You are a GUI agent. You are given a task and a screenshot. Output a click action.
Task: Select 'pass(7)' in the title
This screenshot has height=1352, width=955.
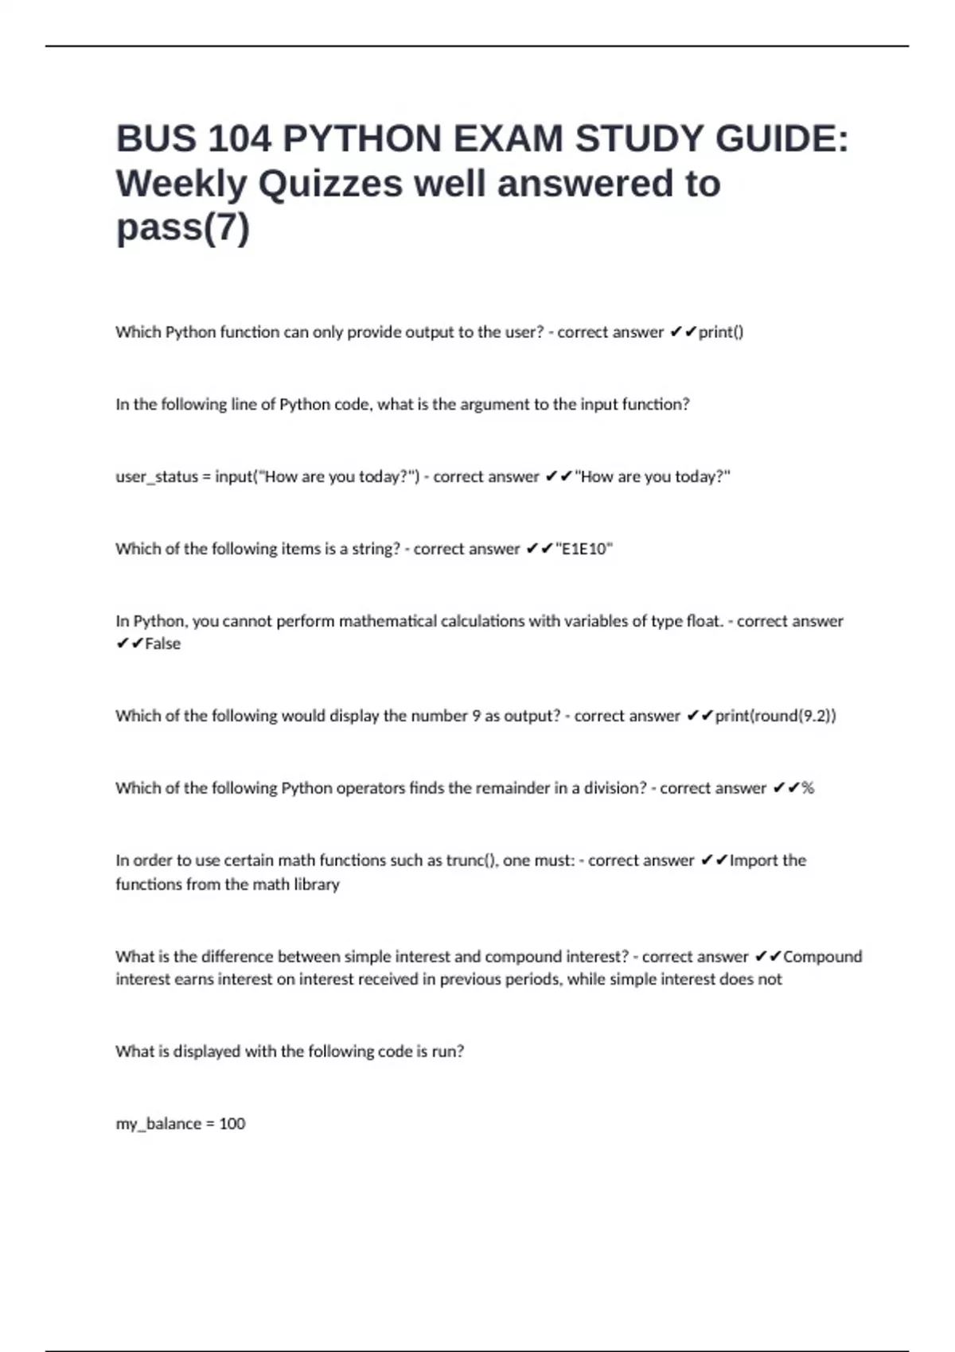183,227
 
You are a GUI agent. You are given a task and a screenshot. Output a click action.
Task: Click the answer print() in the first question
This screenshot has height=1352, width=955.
721,332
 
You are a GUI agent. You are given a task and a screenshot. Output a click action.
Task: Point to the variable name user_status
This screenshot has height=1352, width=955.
157,477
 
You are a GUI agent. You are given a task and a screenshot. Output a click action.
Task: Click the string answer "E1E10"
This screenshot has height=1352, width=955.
584,550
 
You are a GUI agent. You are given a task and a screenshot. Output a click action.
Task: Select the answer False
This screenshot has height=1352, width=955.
162,644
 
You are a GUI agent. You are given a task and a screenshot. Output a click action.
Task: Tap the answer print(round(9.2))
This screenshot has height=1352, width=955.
775,716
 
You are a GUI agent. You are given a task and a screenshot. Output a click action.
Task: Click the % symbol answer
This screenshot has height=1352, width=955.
808,788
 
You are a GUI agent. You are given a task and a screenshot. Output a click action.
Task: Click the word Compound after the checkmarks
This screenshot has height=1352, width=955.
823,957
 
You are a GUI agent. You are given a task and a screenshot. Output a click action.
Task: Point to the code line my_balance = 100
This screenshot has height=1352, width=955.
181,1124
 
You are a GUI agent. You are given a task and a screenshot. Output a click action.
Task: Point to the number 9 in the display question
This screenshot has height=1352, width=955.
476,716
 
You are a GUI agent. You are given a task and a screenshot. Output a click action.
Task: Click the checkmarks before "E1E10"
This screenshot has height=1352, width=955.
539,550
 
